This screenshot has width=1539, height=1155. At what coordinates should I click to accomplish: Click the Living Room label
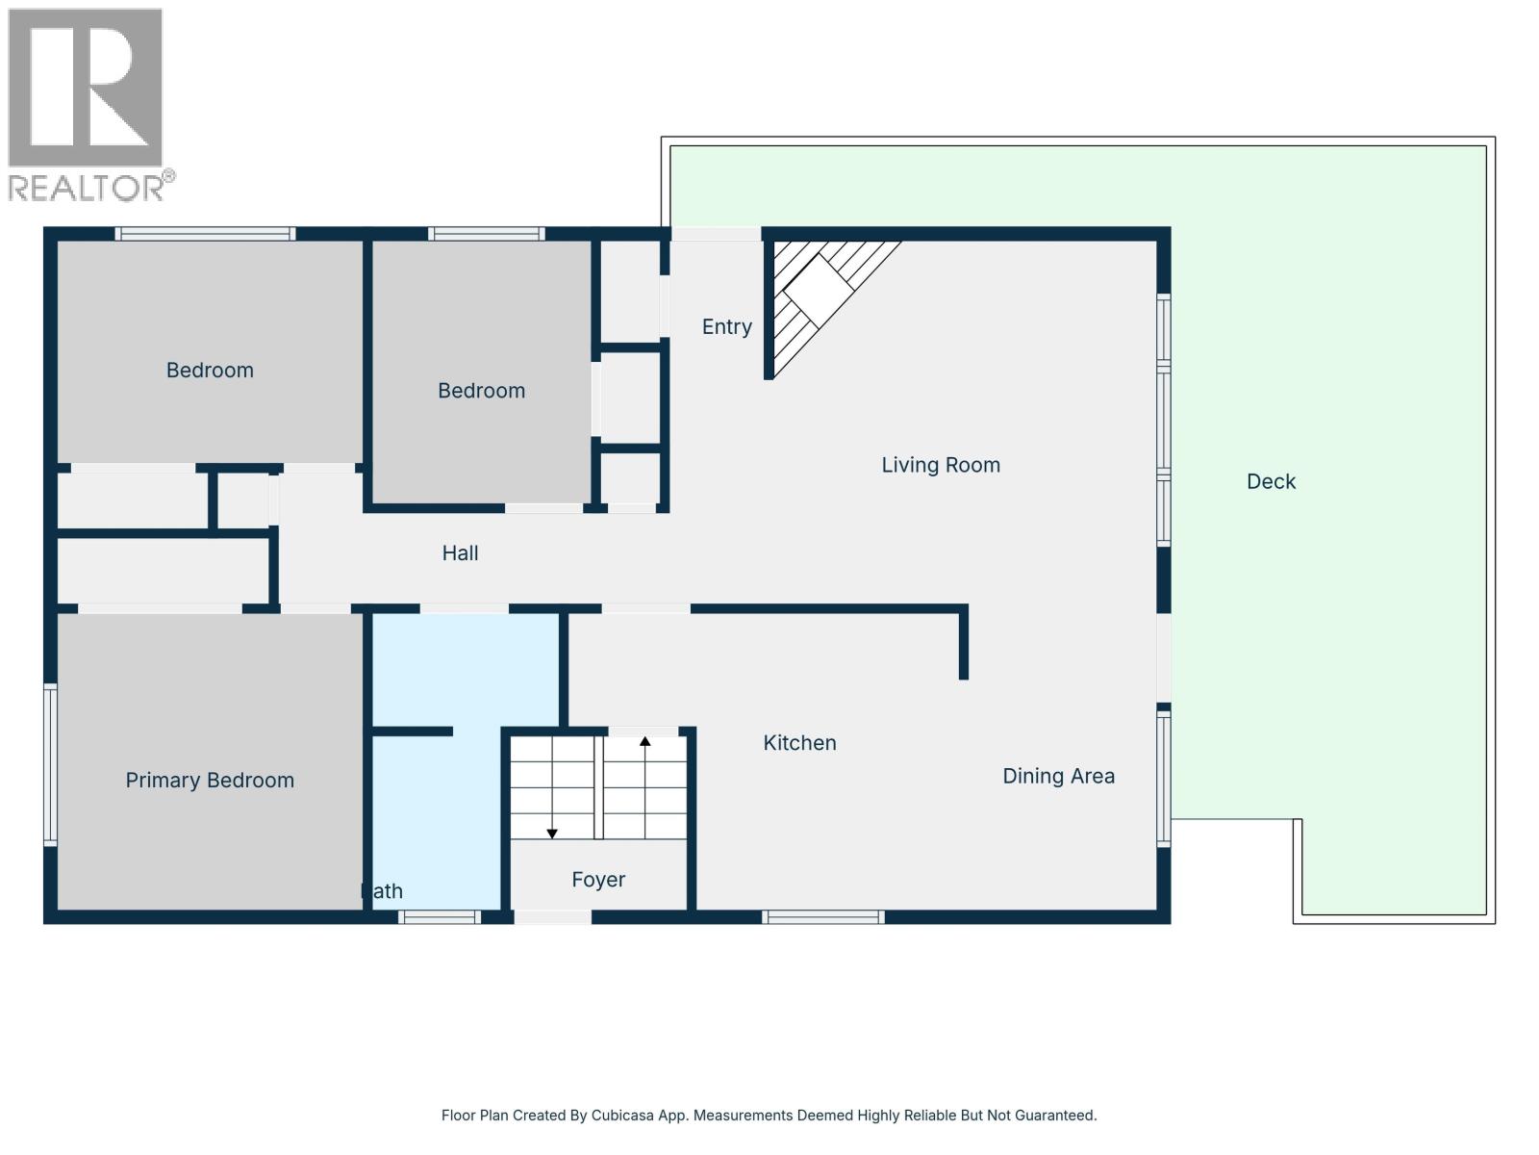click(940, 465)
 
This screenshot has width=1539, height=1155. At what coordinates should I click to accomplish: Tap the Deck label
click(1271, 481)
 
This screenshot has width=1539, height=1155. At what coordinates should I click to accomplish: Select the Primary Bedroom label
click(210, 781)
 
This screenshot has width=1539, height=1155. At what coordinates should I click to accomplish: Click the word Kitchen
click(799, 743)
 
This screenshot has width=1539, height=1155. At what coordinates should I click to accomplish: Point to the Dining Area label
click(1058, 776)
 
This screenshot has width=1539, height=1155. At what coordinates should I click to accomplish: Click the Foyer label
click(598, 880)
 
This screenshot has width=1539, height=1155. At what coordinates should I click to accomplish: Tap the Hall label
click(460, 553)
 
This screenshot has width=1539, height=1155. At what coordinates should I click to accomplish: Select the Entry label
click(726, 327)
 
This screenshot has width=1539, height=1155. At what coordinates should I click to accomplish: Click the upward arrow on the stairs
click(645, 742)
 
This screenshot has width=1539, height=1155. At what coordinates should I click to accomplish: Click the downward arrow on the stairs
click(552, 832)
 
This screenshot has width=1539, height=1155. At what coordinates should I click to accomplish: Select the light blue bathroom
click(464, 674)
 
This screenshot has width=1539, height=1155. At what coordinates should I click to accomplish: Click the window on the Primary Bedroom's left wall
click(50, 764)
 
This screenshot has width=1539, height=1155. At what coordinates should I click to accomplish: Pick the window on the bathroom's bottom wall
click(440, 917)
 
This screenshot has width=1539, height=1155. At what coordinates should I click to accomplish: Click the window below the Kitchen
click(823, 917)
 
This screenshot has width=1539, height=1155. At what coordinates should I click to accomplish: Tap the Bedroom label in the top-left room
click(210, 371)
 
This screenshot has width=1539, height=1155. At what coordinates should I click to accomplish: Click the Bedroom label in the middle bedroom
click(481, 391)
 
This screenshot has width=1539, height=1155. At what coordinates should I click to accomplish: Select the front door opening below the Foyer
click(552, 917)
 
